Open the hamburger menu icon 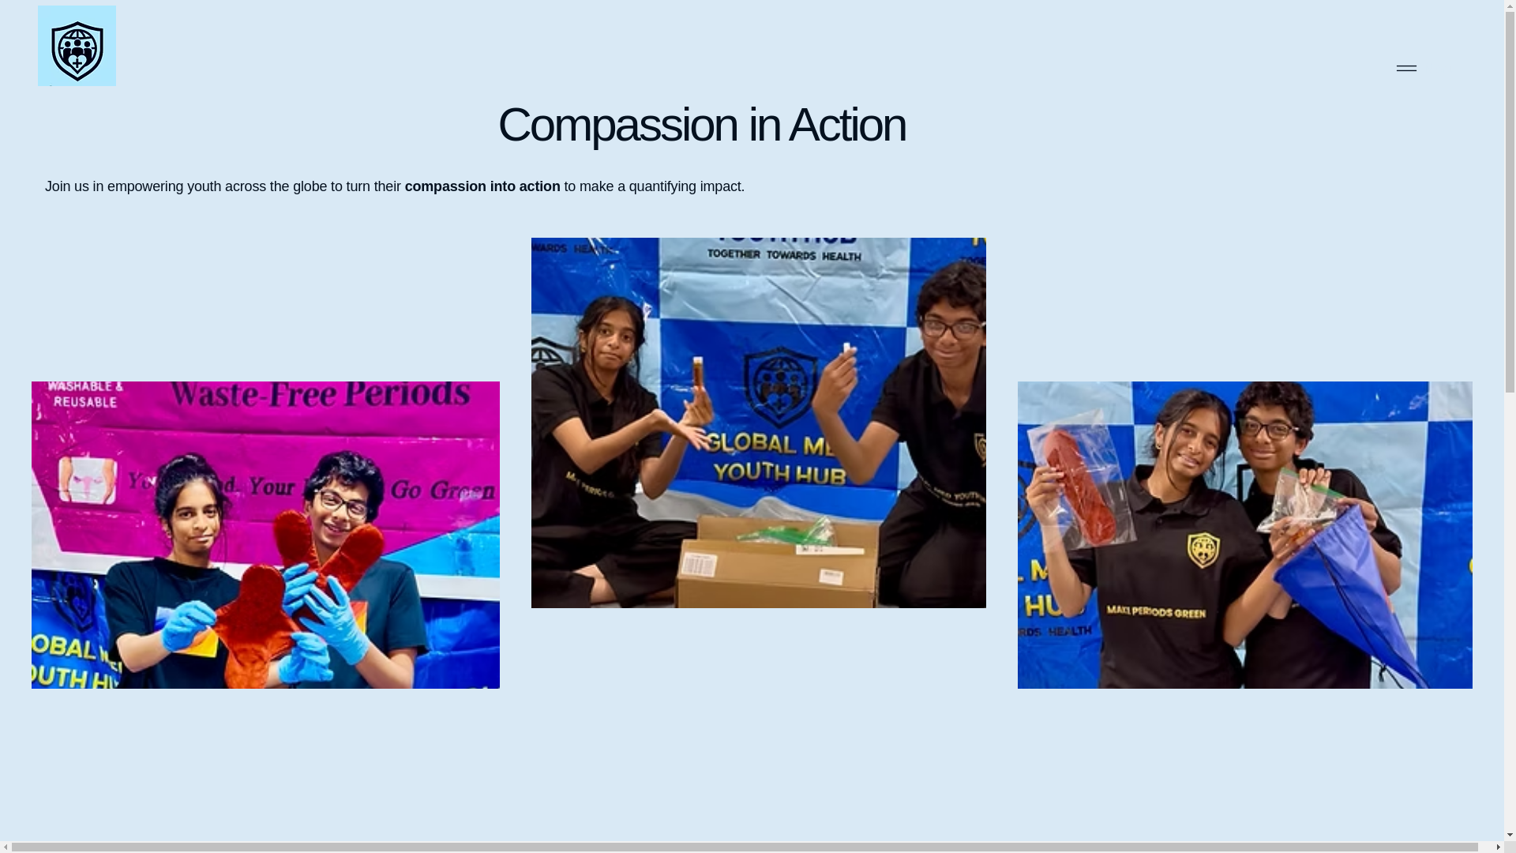(x=1405, y=69)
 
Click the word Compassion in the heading (x=617, y=125)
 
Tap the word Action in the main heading (x=846, y=125)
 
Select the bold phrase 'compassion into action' (x=482, y=187)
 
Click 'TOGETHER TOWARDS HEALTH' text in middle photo (x=783, y=255)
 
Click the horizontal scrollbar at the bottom (x=742, y=847)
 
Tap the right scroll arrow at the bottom (x=1498, y=847)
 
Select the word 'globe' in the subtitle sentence (x=310, y=187)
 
